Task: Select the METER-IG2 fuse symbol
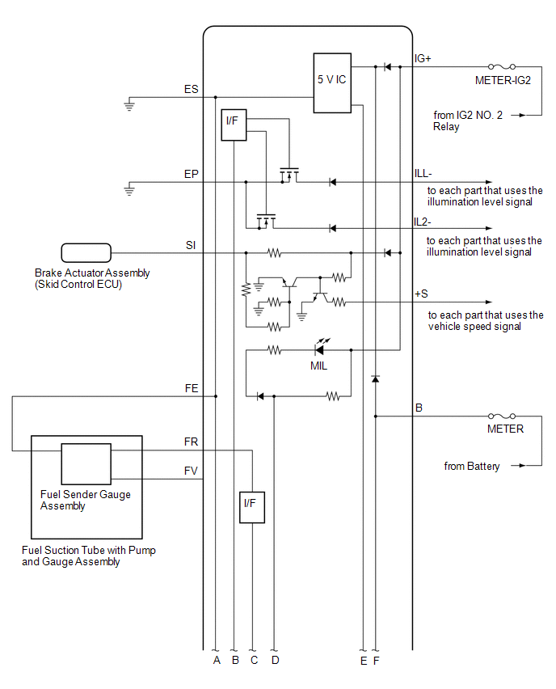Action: point(502,67)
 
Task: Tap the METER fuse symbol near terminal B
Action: point(502,416)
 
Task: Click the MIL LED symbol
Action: point(320,349)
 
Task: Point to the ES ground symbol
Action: point(129,105)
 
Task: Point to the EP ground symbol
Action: point(129,190)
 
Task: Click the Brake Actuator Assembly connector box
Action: point(86,252)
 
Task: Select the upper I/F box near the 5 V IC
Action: point(234,125)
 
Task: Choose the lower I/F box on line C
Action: point(252,507)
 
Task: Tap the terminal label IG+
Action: point(423,58)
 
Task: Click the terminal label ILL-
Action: point(423,174)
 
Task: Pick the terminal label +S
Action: point(421,294)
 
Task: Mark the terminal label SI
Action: point(191,245)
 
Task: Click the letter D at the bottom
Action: point(276,660)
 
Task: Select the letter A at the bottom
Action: point(217,660)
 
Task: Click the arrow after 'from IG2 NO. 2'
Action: point(519,115)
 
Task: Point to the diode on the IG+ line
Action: point(387,67)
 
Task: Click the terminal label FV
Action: point(191,471)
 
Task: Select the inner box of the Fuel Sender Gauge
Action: point(86,464)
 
